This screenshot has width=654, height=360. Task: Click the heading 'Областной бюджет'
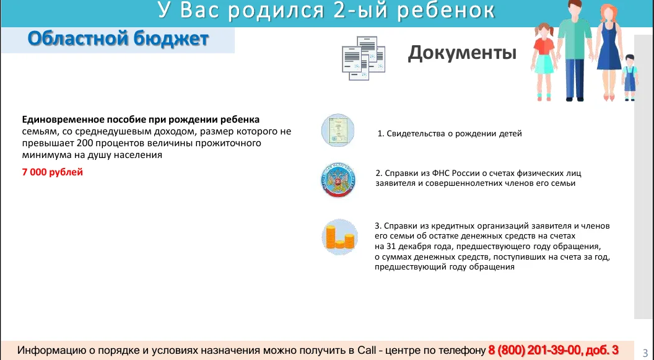coord(118,39)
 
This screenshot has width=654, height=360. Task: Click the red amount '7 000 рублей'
coord(53,172)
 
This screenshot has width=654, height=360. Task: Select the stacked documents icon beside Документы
coord(364,58)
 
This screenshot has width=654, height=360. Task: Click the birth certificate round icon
coord(338,130)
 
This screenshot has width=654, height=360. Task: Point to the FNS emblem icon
coord(338,180)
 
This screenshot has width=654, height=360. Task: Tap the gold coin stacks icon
coord(340,237)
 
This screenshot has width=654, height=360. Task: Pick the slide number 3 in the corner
coord(645,353)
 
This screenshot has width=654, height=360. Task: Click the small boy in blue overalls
coord(629,77)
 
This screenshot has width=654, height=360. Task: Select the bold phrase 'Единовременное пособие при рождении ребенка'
coord(141,120)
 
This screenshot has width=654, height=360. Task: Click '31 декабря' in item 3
coord(406,246)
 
